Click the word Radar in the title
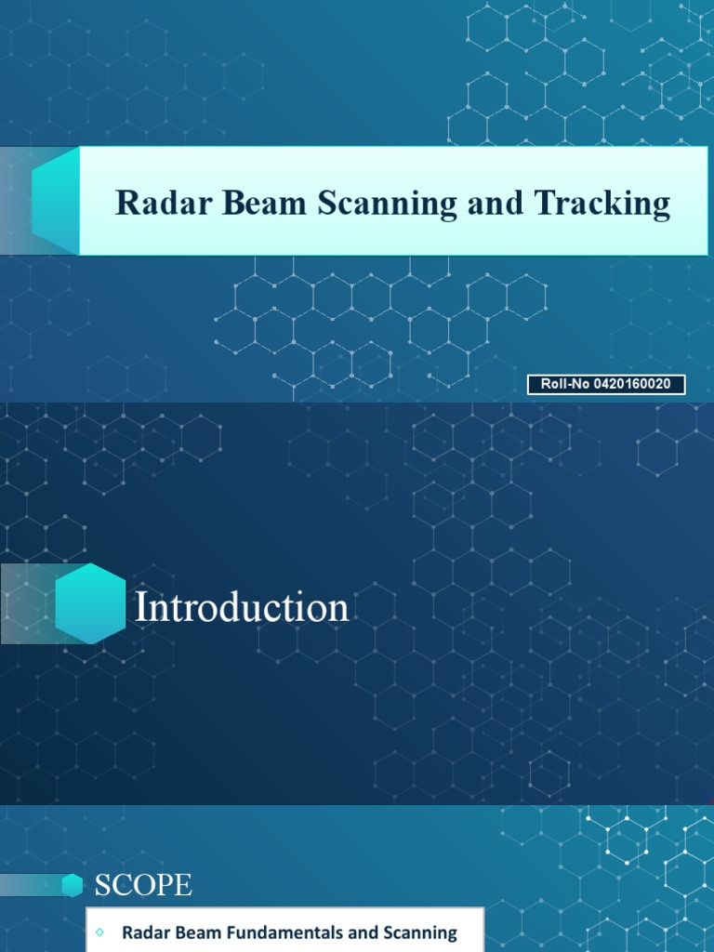point(157,203)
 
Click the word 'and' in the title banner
point(496,203)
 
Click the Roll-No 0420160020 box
point(606,384)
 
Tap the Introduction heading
point(242,607)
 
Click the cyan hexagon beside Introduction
point(90,603)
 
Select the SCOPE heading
point(143,886)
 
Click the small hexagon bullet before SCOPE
point(73,886)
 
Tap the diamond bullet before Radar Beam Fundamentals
point(100,932)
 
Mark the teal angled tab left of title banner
point(55,200)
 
